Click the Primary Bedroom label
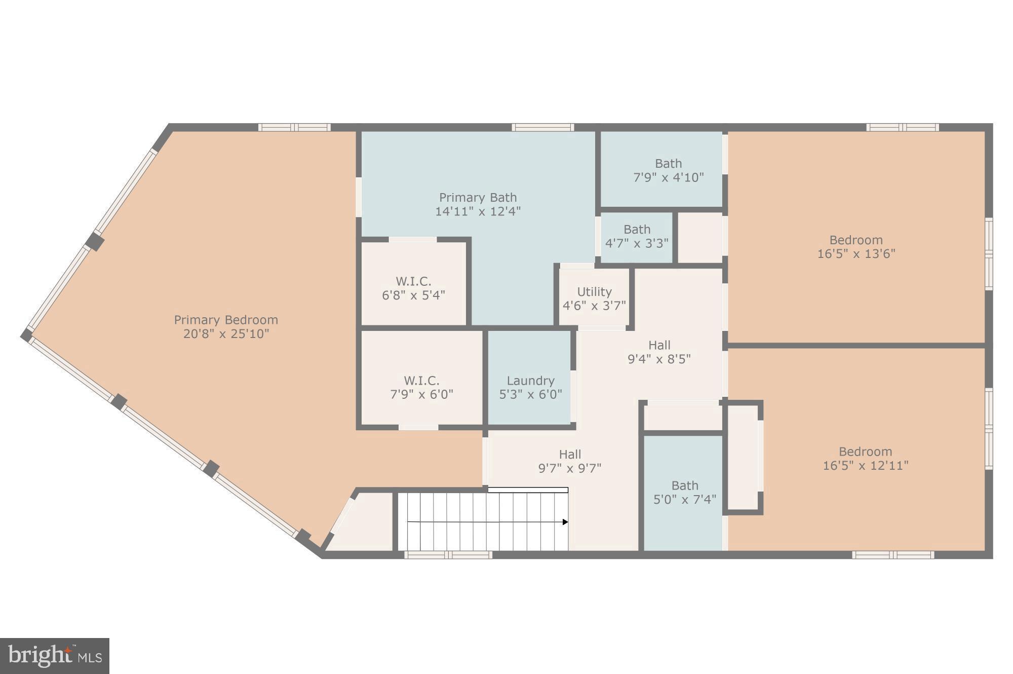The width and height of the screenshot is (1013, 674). coord(226,320)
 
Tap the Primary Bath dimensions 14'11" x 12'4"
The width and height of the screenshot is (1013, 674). coord(478,211)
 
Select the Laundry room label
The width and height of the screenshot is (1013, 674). coord(530,381)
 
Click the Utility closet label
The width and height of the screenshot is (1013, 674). coord(594,292)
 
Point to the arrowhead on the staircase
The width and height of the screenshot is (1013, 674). coord(565,522)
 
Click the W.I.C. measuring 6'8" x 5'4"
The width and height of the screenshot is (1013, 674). coord(413,288)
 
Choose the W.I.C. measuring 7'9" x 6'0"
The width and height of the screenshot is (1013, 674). coord(421,387)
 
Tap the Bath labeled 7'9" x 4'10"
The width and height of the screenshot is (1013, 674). coord(668,170)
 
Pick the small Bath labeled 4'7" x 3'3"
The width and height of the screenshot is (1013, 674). coord(637,236)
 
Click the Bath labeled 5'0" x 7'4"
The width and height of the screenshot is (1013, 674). coord(684,492)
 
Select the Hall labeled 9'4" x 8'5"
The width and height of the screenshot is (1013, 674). coord(659,352)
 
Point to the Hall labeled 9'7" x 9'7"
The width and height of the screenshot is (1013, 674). coord(570,461)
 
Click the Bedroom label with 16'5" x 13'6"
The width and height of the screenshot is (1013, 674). coord(856,246)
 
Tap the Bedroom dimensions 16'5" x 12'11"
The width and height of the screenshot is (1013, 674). coord(865,465)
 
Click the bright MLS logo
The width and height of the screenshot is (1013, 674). coord(55,656)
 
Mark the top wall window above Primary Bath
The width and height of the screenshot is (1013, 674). coord(542,127)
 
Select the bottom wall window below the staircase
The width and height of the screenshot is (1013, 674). coord(448,555)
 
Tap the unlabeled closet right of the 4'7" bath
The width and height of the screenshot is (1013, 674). coord(699,238)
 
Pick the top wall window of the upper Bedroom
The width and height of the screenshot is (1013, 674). coord(902,127)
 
